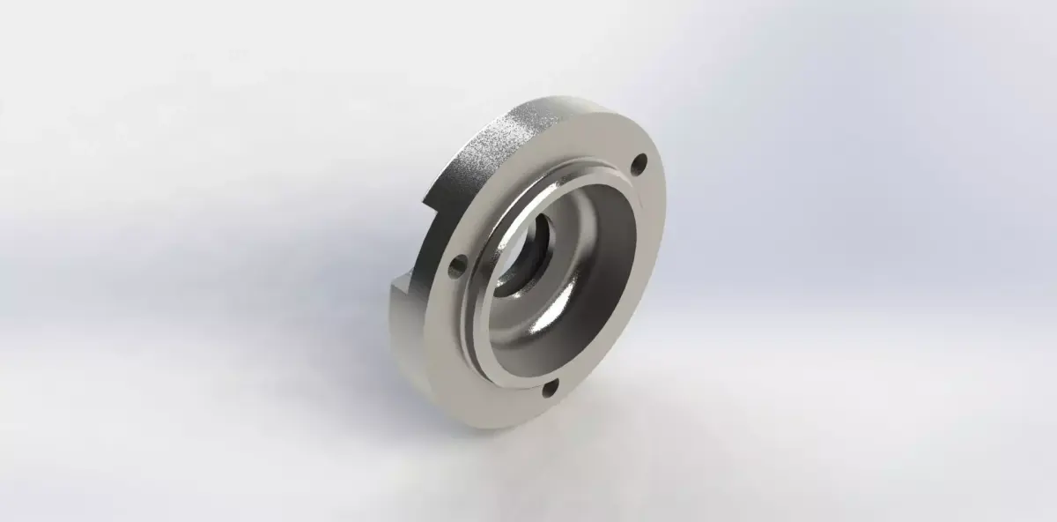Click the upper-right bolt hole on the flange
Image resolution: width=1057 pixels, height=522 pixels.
click(x=639, y=162)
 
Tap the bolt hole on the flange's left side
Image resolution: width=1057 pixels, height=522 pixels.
click(x=456, y=265)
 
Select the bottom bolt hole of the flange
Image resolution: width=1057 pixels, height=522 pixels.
click(x=551, y=387)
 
